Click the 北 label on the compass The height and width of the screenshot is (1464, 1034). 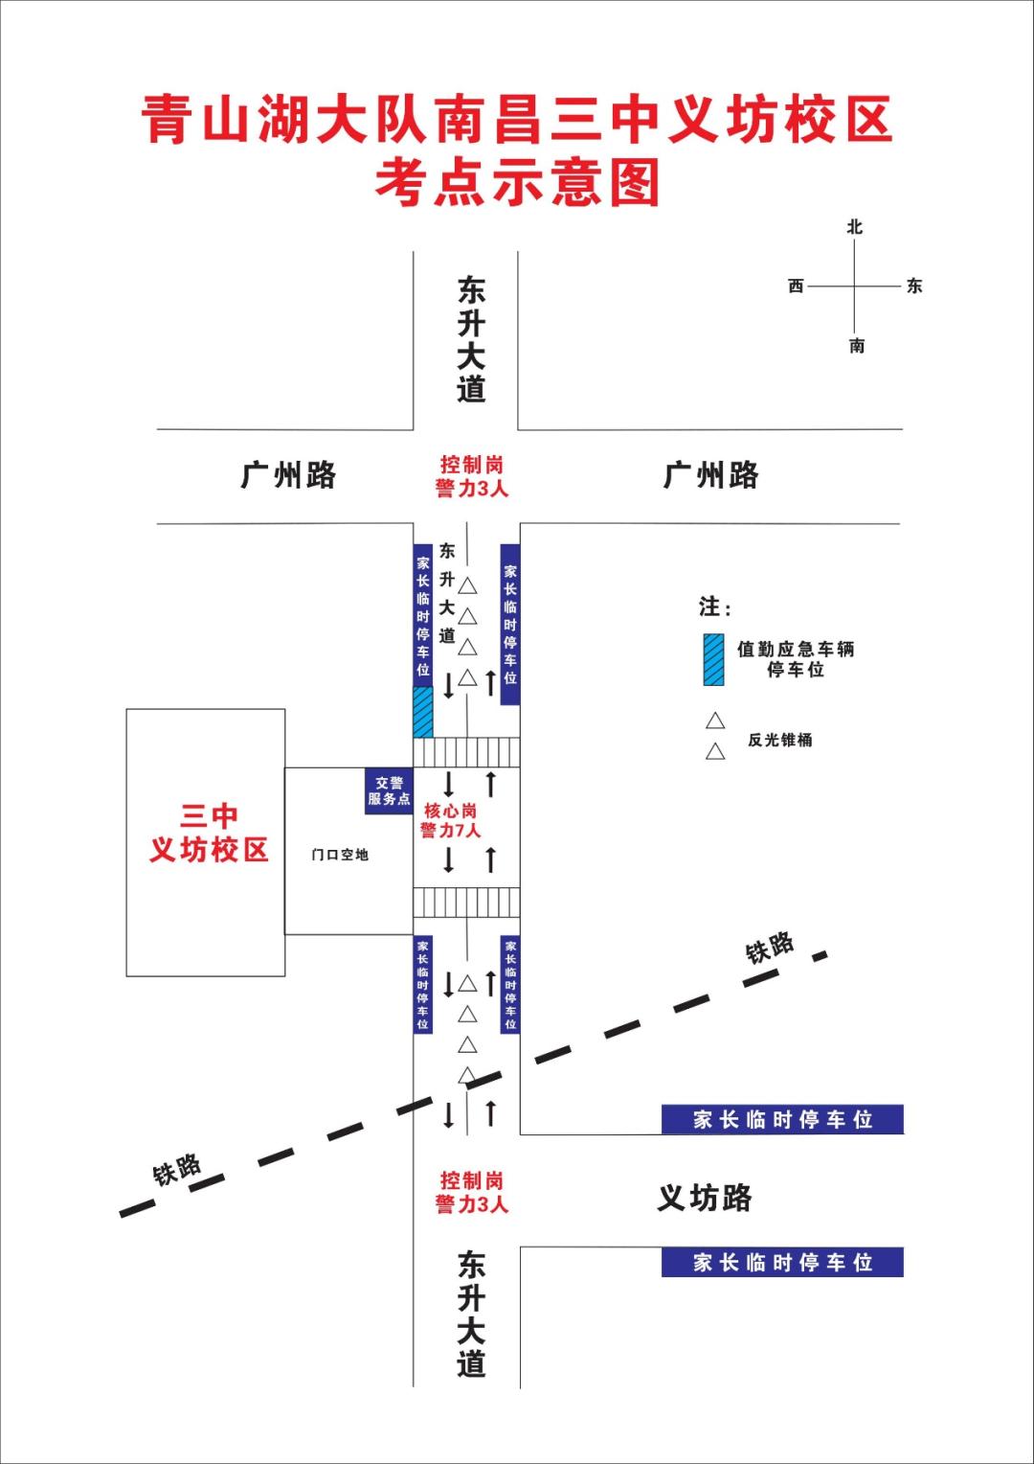[x=855, y=227]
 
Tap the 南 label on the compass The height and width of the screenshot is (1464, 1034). [x=857, y=346]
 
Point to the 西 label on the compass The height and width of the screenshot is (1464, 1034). [x=796, y=286]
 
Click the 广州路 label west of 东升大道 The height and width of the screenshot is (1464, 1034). [x=288, y=475]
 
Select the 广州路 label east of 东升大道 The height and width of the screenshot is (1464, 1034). [x=710, y=475]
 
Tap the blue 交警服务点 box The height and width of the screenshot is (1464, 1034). [x=389, y=791]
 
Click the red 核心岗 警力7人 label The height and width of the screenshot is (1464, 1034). [x=450, y=821]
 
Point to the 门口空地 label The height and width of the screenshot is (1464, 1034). [x=340, y=855]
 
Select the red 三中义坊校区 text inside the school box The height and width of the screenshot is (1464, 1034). [x=209, y=833]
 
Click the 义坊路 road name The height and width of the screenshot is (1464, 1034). [x=705, y=1198]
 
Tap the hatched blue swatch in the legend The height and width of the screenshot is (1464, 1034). [x=713, y=659]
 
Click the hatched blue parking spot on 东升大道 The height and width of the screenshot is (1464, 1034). [x=422, y=711]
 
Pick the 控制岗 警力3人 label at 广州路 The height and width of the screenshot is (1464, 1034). [x=471, y=476]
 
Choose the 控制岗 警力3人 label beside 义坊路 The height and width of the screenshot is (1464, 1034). [x=471, y=1192]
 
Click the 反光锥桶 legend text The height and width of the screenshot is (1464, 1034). [x=780, y=740]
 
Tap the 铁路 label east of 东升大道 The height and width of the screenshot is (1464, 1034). [x=770, y=948]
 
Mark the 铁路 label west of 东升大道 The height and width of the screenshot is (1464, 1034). [x=177, y=1170]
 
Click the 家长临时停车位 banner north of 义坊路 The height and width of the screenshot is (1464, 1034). [x=782, y=1119]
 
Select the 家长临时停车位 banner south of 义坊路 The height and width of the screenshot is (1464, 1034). [x=782, y=1262]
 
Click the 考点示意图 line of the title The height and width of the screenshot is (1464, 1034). [x=517, y=182]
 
